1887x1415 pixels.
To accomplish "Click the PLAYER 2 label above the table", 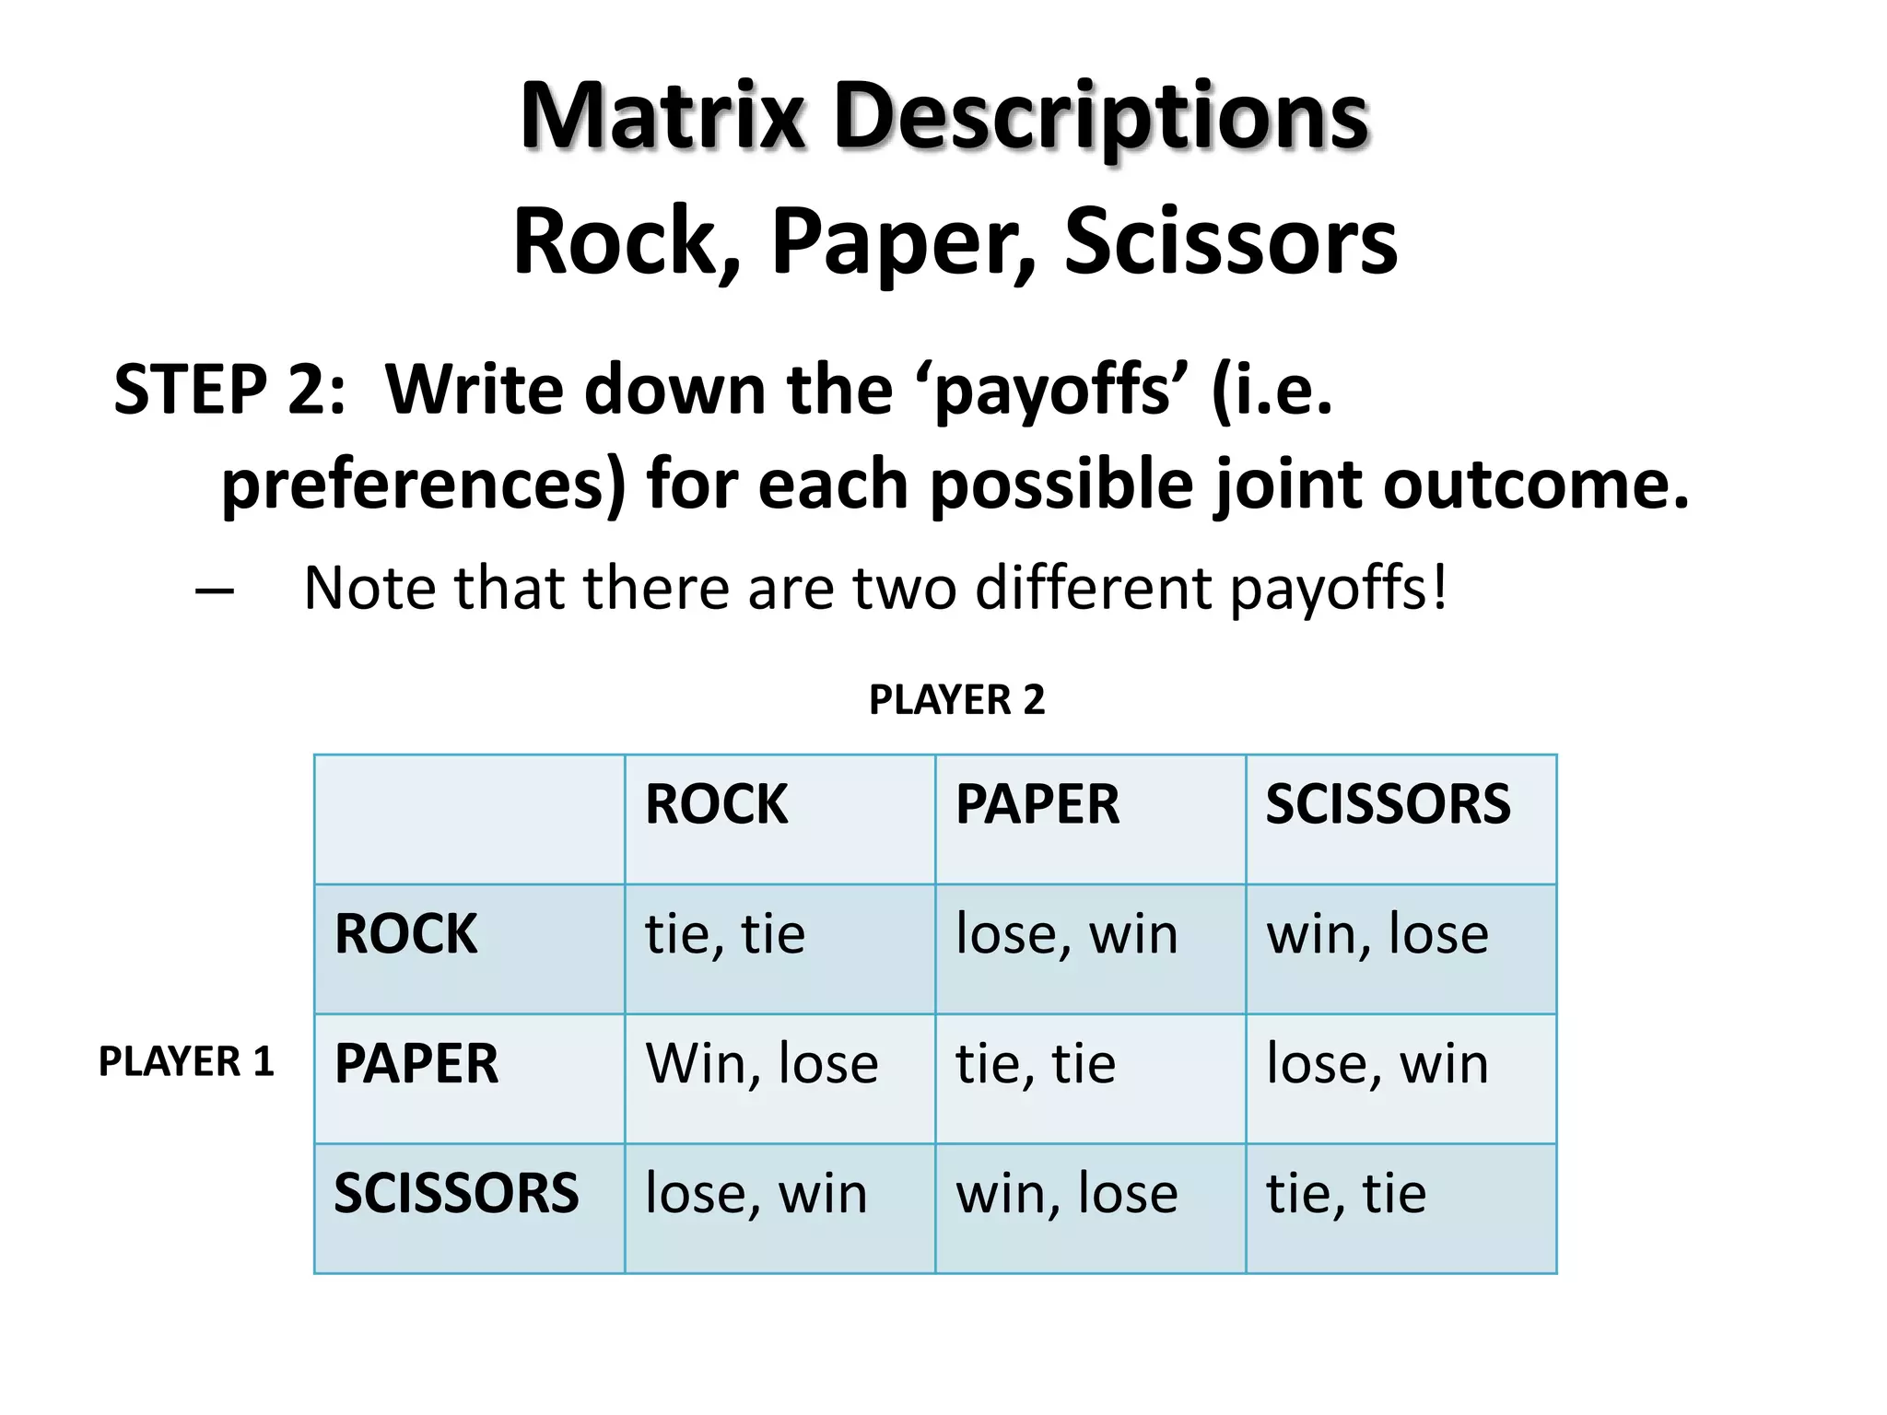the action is (x=956, y=700).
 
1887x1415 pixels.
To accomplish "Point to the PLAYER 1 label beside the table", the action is (x=186, y=1061).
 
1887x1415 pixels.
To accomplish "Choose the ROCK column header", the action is (x=717, y=803).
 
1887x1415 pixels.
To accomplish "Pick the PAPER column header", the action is (x=1037, y=803).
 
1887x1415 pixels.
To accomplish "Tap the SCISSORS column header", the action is (x=1388, y=803).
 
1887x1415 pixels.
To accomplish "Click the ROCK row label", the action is (x=405, y=933).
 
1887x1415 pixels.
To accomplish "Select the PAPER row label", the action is (x=416, y=1063).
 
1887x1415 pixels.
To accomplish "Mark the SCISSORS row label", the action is (x=456, y=1193).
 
